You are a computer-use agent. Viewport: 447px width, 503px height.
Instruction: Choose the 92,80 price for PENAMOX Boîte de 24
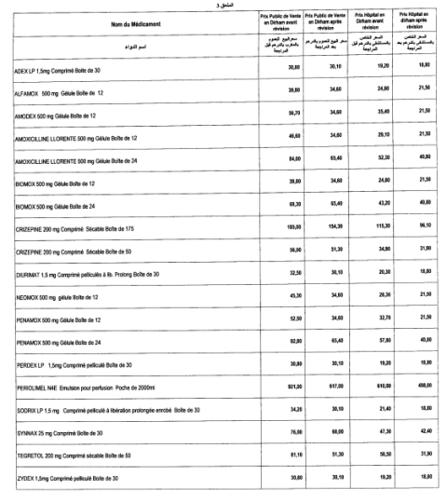tap(270, 317)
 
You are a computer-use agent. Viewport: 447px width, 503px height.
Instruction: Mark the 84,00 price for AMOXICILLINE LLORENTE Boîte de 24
tap(270, 158)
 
